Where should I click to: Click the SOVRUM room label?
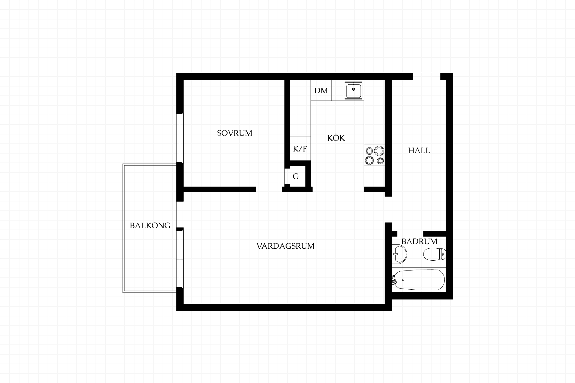(234, 133)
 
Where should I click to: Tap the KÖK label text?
(336, 138)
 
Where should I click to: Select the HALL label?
(419, 151)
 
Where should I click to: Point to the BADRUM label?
(419, 241)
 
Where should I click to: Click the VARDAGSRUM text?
(285, 246)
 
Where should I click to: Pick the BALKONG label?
(150, 225)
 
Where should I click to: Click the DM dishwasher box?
(321, 90)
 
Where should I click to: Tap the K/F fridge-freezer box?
(300, 148)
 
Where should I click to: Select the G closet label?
(296, 177)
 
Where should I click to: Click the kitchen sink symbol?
(353, 90)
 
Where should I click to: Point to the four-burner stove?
(374, 155)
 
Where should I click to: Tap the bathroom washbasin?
(399, 254)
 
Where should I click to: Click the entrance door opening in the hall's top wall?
(426, 76)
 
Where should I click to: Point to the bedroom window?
(180, 138)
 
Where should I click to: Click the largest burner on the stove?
(379, 151)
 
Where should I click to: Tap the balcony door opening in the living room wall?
(180, 214)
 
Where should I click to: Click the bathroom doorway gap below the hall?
(410, 234)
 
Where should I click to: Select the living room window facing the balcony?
(180, 259)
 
